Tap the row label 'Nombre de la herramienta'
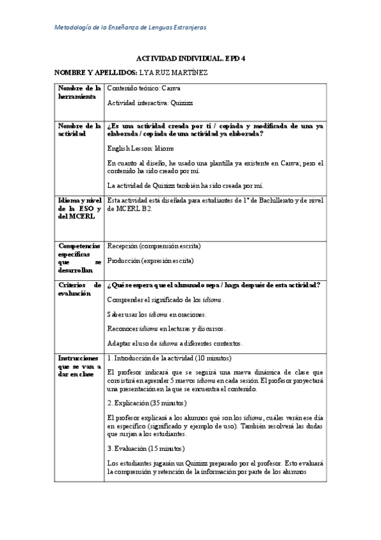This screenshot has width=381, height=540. (79, 92)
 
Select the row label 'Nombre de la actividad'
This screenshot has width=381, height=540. (79, 130)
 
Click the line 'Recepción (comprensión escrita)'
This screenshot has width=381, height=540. (155, 246)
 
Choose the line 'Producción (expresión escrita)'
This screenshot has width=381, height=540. (151, 260)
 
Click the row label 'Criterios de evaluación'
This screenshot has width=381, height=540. (79, 289)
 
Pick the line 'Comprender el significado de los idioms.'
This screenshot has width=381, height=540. (165, 299)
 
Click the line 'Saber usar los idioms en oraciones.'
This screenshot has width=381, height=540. (157, 315)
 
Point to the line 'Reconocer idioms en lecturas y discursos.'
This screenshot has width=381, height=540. (167, 329)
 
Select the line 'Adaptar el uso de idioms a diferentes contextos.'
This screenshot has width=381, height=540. (176, 344)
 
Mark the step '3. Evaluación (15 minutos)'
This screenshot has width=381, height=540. (150, 448)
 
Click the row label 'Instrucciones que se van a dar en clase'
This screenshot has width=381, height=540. (79, 366)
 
